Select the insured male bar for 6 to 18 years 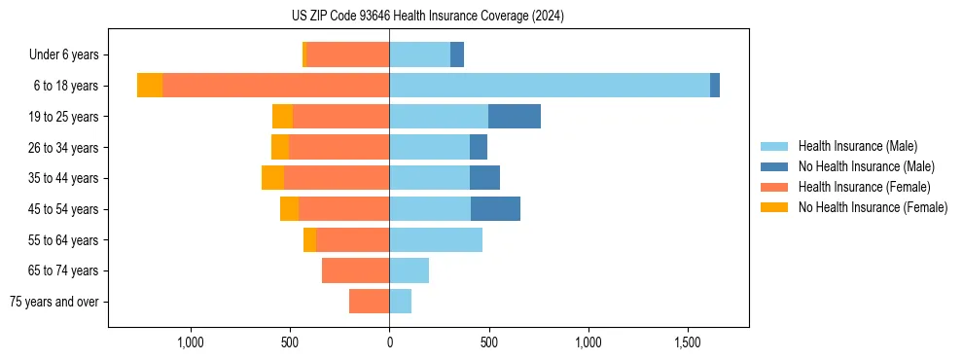point(550,86)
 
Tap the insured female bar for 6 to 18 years point(275,86)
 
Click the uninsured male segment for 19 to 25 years point(514,117)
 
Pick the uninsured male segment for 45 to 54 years point(495,209)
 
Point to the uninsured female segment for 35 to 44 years point(272,178)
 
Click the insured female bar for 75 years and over point(370,302)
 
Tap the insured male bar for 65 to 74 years point(409,270)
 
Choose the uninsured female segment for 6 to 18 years point(150,86)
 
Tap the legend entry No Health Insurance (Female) point(873,207)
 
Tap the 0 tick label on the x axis point(389,342)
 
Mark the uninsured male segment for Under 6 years point(456,55)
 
